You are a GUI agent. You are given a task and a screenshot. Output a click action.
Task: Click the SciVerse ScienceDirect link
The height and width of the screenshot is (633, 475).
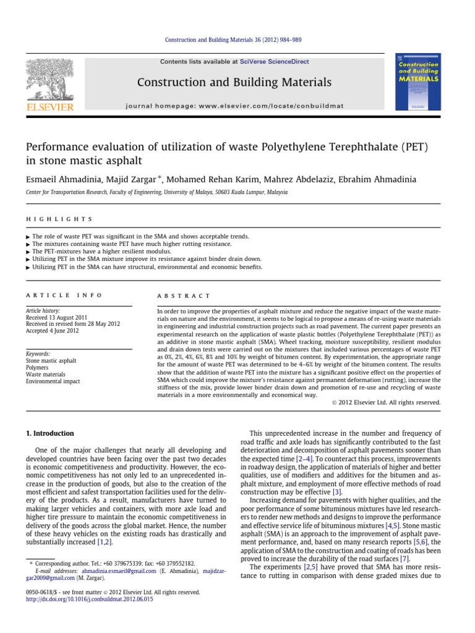275,62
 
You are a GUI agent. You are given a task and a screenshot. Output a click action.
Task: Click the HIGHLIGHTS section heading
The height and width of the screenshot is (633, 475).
59,219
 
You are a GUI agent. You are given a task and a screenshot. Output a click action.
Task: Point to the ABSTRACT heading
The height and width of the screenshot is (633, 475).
184,296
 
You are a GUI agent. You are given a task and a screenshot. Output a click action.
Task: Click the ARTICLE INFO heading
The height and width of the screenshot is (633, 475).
64,296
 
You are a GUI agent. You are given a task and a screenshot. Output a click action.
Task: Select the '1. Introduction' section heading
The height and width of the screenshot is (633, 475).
49,433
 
